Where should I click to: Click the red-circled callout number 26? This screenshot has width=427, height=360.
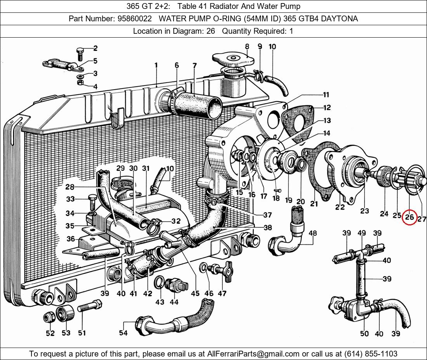click(x=410, y=217)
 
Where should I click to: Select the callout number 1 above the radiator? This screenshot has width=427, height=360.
click(x=156, y=66)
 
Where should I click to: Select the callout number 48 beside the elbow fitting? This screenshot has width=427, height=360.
click(x=312, y=233)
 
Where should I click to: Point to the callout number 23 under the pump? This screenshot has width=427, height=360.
click(x=364, y=211)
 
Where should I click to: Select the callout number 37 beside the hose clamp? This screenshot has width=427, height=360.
click(x=267, y=215)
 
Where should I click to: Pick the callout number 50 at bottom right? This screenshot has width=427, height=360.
click(x=364, y=334)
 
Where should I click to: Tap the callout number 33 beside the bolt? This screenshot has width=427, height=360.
click(x=70, y=199)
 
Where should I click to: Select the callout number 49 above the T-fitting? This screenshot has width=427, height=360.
click(x=362, y=233)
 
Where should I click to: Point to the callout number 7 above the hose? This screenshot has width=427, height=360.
click(x=194, y=65)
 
